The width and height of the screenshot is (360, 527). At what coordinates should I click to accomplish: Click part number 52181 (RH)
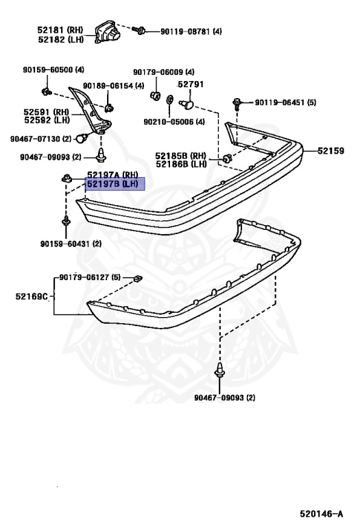point(60,30)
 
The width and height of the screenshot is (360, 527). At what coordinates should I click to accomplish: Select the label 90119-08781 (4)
point(191,32)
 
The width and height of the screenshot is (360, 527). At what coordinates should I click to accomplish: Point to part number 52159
point(331,151)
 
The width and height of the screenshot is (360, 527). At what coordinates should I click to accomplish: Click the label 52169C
point(32,296)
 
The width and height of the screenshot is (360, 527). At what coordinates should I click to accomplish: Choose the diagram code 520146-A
point(322,514)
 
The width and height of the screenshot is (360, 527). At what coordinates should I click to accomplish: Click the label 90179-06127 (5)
point(90,277)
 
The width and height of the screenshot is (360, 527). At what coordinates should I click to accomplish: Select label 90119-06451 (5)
point(285,102)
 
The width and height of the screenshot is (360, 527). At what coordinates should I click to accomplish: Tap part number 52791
point(191,84)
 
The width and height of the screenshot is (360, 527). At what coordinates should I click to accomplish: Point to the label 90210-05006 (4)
point(174,121)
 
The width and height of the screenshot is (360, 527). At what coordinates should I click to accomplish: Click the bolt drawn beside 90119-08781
point(139,31)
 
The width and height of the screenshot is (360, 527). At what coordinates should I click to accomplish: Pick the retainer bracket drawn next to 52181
point(108,32)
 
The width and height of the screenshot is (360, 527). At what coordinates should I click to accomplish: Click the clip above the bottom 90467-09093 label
point(219,371)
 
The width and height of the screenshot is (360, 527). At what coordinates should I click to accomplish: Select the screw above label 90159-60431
point(66,222)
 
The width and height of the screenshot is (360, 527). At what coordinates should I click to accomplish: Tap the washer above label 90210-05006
point(169,99)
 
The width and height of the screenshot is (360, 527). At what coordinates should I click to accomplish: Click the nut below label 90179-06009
point(155,95)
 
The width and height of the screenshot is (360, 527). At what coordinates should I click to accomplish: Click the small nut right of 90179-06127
point(138,279)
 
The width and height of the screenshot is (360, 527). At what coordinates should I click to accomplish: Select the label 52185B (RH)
point(180,156)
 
